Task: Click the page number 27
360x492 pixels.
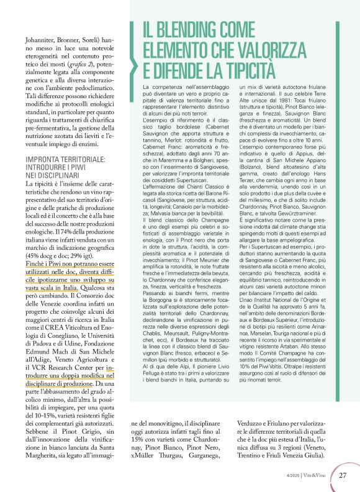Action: point(343,476)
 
